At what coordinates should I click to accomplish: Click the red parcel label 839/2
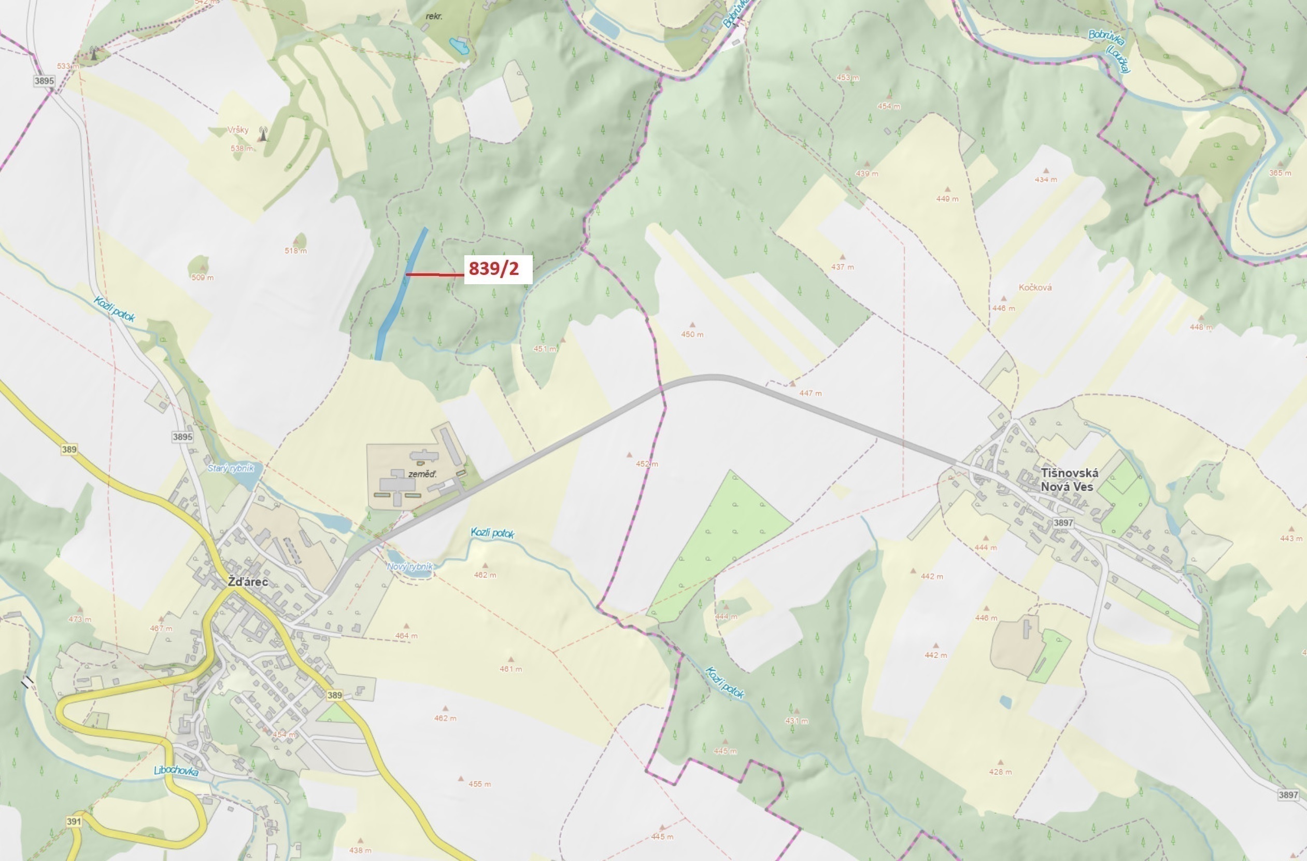point(494,269)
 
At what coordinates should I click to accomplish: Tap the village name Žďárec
point(248,582)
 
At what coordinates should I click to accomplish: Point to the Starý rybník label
point(231,469)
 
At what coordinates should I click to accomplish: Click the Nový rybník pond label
point(410,566)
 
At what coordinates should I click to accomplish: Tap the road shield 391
point(74,822)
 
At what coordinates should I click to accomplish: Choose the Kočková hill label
point(1035,287)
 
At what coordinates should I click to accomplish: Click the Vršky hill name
point(238,130)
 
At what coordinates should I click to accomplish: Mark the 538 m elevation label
point(241,148)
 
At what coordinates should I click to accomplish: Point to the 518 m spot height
point(295,251)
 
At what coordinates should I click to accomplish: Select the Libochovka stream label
point(176,771)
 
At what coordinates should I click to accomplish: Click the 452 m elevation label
point(647,464)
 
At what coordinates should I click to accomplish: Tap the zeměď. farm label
point(422,474)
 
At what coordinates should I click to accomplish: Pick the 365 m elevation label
point(1280,173)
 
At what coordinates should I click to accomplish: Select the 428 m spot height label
point(1000,772)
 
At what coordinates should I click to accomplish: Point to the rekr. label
point(434,17)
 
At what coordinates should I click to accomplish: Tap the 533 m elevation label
point(67,66)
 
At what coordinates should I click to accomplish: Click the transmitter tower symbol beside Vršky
point(263,133)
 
